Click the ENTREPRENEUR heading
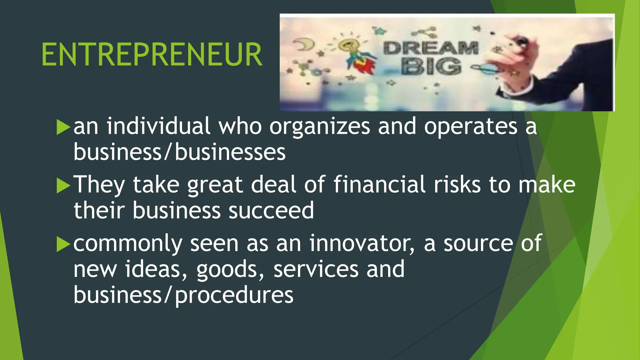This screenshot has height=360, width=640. (152, 55)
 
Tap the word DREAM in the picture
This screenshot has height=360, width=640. (431, 48)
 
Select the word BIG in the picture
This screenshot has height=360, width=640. (432, 67)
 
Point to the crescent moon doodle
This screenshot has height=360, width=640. (301, 44)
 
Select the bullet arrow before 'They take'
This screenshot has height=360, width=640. (63, 186)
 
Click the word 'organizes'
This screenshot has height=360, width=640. (320, 127)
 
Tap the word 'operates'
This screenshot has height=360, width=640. (471, 127)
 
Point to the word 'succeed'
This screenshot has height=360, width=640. (271, 210)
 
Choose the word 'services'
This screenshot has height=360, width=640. (316, 269)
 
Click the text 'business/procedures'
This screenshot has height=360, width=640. (183, 295)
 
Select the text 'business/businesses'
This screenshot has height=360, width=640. (179, 152)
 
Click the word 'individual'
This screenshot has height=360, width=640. (158, 127)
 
